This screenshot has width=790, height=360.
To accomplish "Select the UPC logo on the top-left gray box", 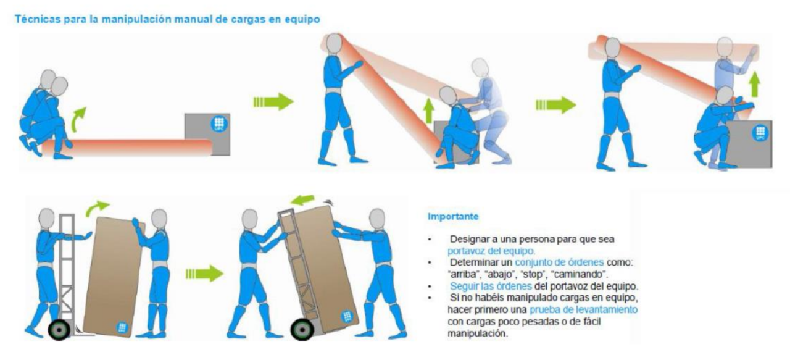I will click(x=218, y=123).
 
